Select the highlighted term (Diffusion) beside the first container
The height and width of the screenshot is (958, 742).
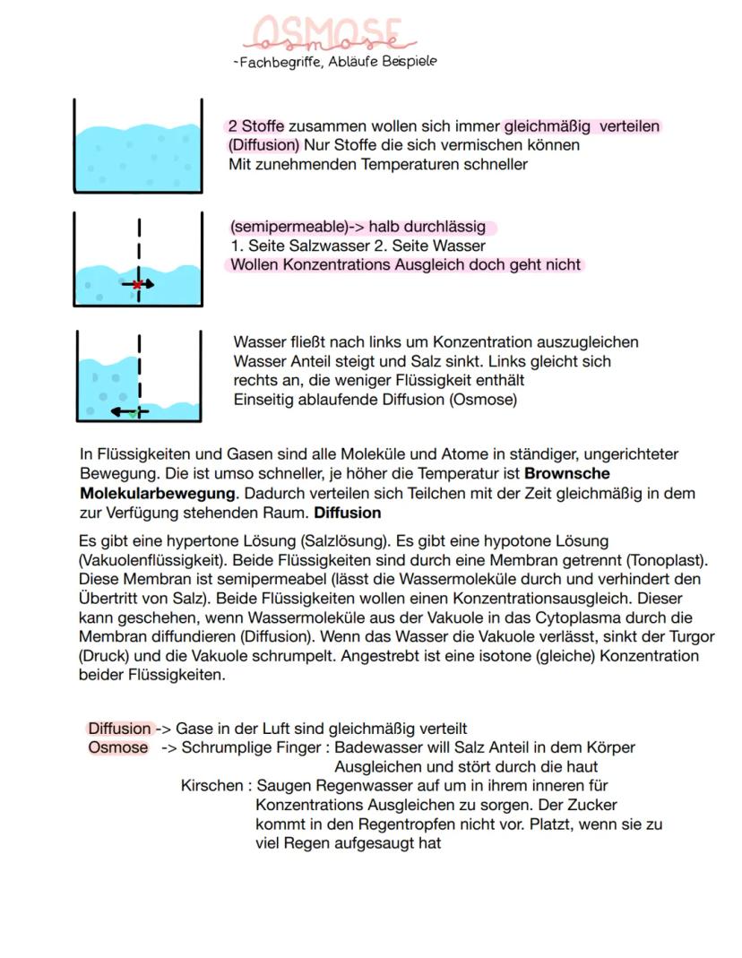point(263,145)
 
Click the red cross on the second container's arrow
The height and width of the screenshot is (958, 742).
point(137,284)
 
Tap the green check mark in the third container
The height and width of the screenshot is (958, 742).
point(133,414)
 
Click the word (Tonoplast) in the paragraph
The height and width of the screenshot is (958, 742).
point(668,560)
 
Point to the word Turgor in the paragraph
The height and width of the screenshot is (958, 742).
point(690,636)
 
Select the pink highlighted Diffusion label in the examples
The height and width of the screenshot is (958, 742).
point(119,729)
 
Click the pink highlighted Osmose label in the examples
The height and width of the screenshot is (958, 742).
point(117,747)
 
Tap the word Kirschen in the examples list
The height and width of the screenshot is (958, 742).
point(211,786)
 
